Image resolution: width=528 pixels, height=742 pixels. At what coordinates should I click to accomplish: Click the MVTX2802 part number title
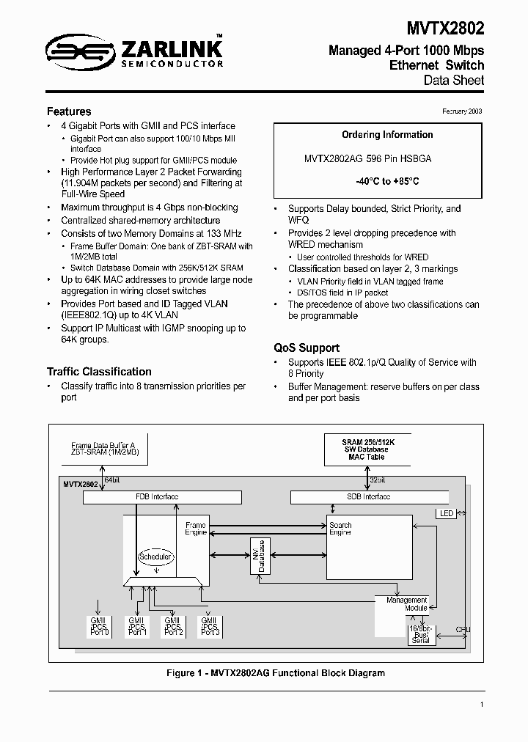point(446,28)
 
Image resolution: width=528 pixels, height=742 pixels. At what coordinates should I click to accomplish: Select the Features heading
point(69,111)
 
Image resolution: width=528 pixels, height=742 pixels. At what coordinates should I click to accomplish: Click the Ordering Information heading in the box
point(387,135)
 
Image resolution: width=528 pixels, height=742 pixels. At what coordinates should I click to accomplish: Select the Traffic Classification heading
point(99,372)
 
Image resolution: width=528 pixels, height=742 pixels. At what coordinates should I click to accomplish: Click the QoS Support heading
point(307,348)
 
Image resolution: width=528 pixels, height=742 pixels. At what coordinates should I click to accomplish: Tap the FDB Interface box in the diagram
point(162,497)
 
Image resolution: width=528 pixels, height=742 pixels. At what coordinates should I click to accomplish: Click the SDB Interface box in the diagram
point(368,497)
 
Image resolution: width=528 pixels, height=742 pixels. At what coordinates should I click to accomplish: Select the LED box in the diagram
point(447,514)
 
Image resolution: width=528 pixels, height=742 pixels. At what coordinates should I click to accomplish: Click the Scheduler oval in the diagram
point(155,556)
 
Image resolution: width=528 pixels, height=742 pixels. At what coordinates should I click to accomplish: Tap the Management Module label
point(407,604)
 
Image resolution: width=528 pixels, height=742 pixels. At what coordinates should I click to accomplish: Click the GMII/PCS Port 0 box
point(99,627)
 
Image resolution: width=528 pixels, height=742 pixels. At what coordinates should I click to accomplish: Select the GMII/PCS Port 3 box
point(210,627)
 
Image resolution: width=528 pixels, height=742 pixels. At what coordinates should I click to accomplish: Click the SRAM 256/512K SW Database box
point(367,450)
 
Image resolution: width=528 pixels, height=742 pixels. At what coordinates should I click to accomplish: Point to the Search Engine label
point(340,529)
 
